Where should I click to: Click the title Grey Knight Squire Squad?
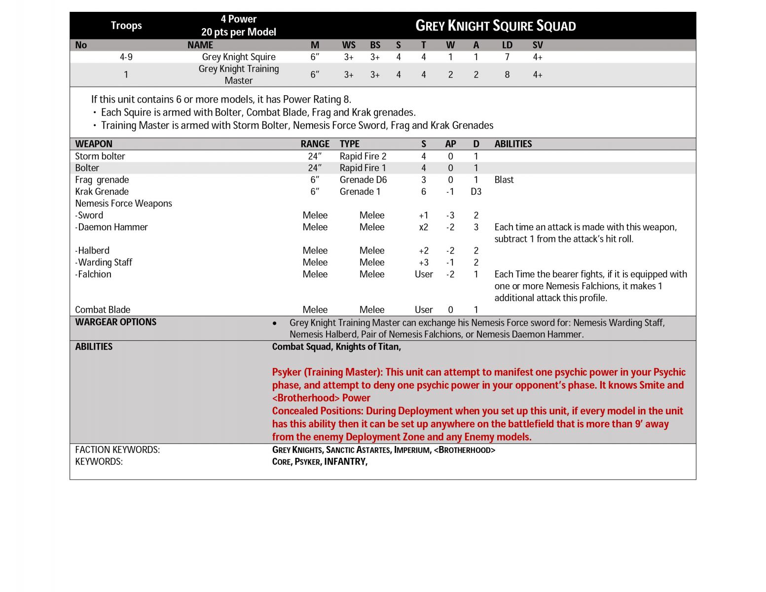495,26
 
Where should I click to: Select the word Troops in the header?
126,26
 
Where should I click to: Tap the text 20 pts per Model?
238,32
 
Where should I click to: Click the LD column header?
507,45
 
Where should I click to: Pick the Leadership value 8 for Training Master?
507,75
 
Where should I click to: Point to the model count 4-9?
126,57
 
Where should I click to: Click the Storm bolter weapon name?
100,156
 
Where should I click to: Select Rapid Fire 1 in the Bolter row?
363,168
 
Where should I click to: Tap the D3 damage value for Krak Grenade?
475,192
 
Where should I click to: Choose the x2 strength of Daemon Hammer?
423,227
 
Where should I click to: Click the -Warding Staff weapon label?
104,262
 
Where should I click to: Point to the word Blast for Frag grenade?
504,180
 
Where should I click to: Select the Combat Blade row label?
103,310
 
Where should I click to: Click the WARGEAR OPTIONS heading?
115,322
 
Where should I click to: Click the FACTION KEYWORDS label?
117,450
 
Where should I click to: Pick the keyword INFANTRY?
345,462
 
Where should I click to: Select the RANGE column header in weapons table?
315,144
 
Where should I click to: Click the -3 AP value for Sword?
450,216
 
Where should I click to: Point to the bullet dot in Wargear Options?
275,323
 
